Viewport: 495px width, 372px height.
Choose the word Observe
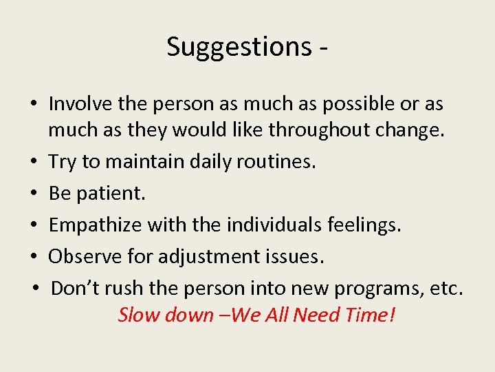coord(85,256)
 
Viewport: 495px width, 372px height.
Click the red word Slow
coord(137,315)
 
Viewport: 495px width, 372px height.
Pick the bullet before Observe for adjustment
coord(34,257)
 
